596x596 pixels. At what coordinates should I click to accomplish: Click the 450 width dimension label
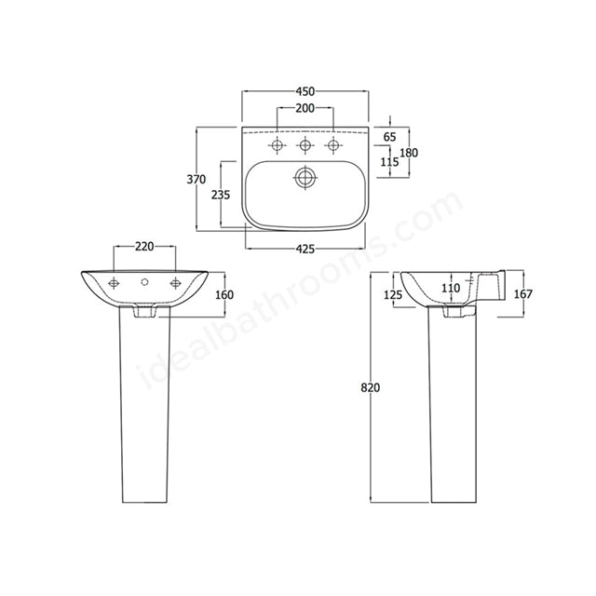pyautogui.click(x=305, y=91)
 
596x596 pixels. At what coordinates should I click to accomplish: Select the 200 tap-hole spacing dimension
pyautogui.click(x=305, y=109)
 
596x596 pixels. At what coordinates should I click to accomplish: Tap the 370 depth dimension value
pyautogui.click(x=194, y=180)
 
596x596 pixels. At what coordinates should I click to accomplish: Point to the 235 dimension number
pyautogui.click(x=221, y=195)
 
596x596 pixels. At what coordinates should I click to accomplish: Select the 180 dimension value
pyautogui.click(x=409, y=153)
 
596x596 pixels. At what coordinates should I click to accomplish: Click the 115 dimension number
pyautogui.click(x=389, y=162)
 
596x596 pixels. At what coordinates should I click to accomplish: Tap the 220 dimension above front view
pyautogui.click(x=144, y=247)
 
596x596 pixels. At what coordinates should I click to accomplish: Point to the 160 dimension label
pyautogui.click(x=223, y=295)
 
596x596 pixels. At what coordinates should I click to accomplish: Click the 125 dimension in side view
pyautogui.click(x=391, y=295)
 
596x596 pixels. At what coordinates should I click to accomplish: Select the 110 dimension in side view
pyautogui.click(x=451, y=289)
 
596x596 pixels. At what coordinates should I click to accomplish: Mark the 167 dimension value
pyautogui.click(x=523, y=295)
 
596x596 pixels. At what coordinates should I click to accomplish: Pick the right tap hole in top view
pyautogui.click(x=332, y=146)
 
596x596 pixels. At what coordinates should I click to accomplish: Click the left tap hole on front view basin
pyautogui.click(x=115, y=282)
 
